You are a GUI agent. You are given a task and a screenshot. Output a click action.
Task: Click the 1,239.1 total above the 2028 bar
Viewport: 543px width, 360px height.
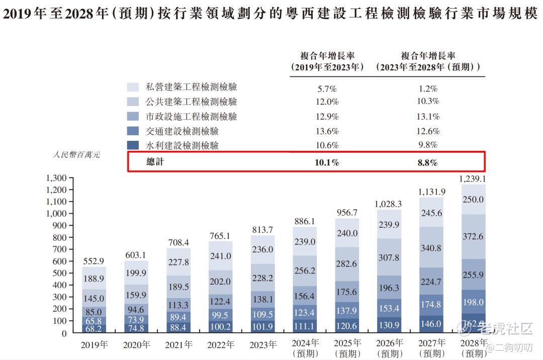(472, 179)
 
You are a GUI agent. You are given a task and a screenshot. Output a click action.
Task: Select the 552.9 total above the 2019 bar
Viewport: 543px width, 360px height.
(94, 261)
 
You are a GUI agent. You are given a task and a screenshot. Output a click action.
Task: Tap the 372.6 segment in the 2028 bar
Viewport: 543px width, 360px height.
(473, 236)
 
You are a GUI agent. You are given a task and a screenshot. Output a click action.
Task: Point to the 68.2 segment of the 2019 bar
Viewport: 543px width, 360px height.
(94, 328)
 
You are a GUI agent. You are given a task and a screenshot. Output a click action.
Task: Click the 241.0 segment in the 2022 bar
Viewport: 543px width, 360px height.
(220, 256)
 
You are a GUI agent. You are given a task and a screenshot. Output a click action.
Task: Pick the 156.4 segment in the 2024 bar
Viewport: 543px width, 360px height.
(305, 296)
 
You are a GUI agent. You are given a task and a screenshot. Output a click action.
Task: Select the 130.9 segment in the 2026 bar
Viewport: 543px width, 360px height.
(389, 325)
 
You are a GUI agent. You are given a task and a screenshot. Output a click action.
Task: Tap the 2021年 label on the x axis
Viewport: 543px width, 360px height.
(178, 345)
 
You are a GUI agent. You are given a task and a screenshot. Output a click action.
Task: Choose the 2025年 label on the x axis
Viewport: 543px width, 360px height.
(347, 343)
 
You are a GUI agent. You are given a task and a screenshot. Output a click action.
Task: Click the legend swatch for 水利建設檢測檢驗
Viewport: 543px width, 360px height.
(133, 145)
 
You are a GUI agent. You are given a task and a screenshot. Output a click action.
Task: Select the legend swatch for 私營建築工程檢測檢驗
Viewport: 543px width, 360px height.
(133, 87)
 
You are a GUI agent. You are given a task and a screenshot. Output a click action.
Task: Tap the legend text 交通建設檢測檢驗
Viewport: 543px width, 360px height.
(182, 131)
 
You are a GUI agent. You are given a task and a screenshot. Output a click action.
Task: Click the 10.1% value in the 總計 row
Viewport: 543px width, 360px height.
(327, 162)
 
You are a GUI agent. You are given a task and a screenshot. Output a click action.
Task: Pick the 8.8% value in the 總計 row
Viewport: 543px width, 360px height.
(428, 162)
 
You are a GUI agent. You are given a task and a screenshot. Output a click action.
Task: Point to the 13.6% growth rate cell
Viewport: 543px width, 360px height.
(327, 132)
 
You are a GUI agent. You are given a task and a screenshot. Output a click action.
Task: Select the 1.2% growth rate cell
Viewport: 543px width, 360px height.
(428, 89)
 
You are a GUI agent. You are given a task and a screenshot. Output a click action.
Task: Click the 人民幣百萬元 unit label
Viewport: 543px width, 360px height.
(76, 155)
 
